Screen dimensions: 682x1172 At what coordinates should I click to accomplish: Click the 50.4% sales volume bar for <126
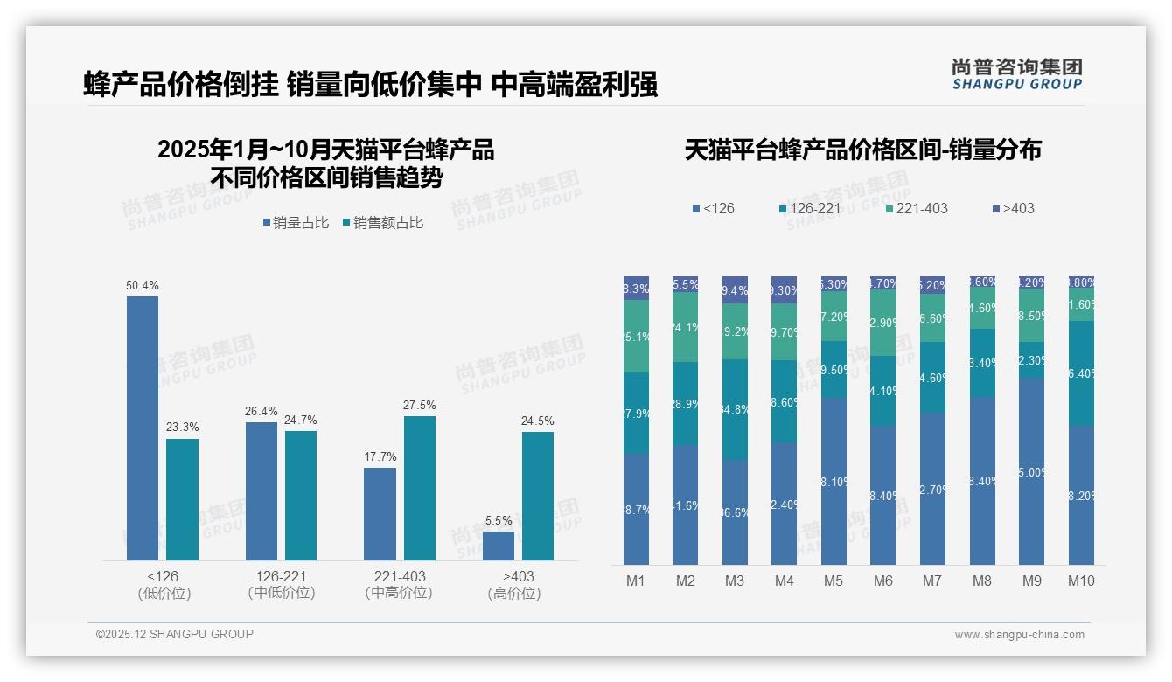(143, 428)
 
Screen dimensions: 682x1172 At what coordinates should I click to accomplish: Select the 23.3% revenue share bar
(182, 499)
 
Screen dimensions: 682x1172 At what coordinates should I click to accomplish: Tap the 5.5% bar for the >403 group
(499, 546)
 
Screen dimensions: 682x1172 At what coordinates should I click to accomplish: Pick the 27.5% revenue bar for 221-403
(420, 488)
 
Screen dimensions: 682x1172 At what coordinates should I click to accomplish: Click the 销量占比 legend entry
(296, 223)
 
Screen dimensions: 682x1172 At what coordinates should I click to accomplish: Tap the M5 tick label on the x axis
(834, 581)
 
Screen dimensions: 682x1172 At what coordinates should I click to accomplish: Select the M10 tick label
(1081, 581)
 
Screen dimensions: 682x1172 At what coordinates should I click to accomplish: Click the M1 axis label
(636, 581)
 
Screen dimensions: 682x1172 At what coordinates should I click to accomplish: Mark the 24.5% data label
(537, 421)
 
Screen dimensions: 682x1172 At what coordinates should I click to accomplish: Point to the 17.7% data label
(380, 456)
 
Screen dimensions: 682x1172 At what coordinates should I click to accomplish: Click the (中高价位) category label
(399, 593)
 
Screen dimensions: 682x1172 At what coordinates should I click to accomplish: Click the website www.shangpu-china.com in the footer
(1019, 635)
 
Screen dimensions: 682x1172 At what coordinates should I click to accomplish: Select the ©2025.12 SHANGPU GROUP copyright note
(175, 635)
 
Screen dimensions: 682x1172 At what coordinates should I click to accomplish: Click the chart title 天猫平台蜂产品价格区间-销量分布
(862, 150)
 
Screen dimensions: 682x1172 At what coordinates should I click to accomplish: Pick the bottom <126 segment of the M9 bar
(1032, 471)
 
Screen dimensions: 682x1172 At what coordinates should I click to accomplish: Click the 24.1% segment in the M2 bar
(685, 328)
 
